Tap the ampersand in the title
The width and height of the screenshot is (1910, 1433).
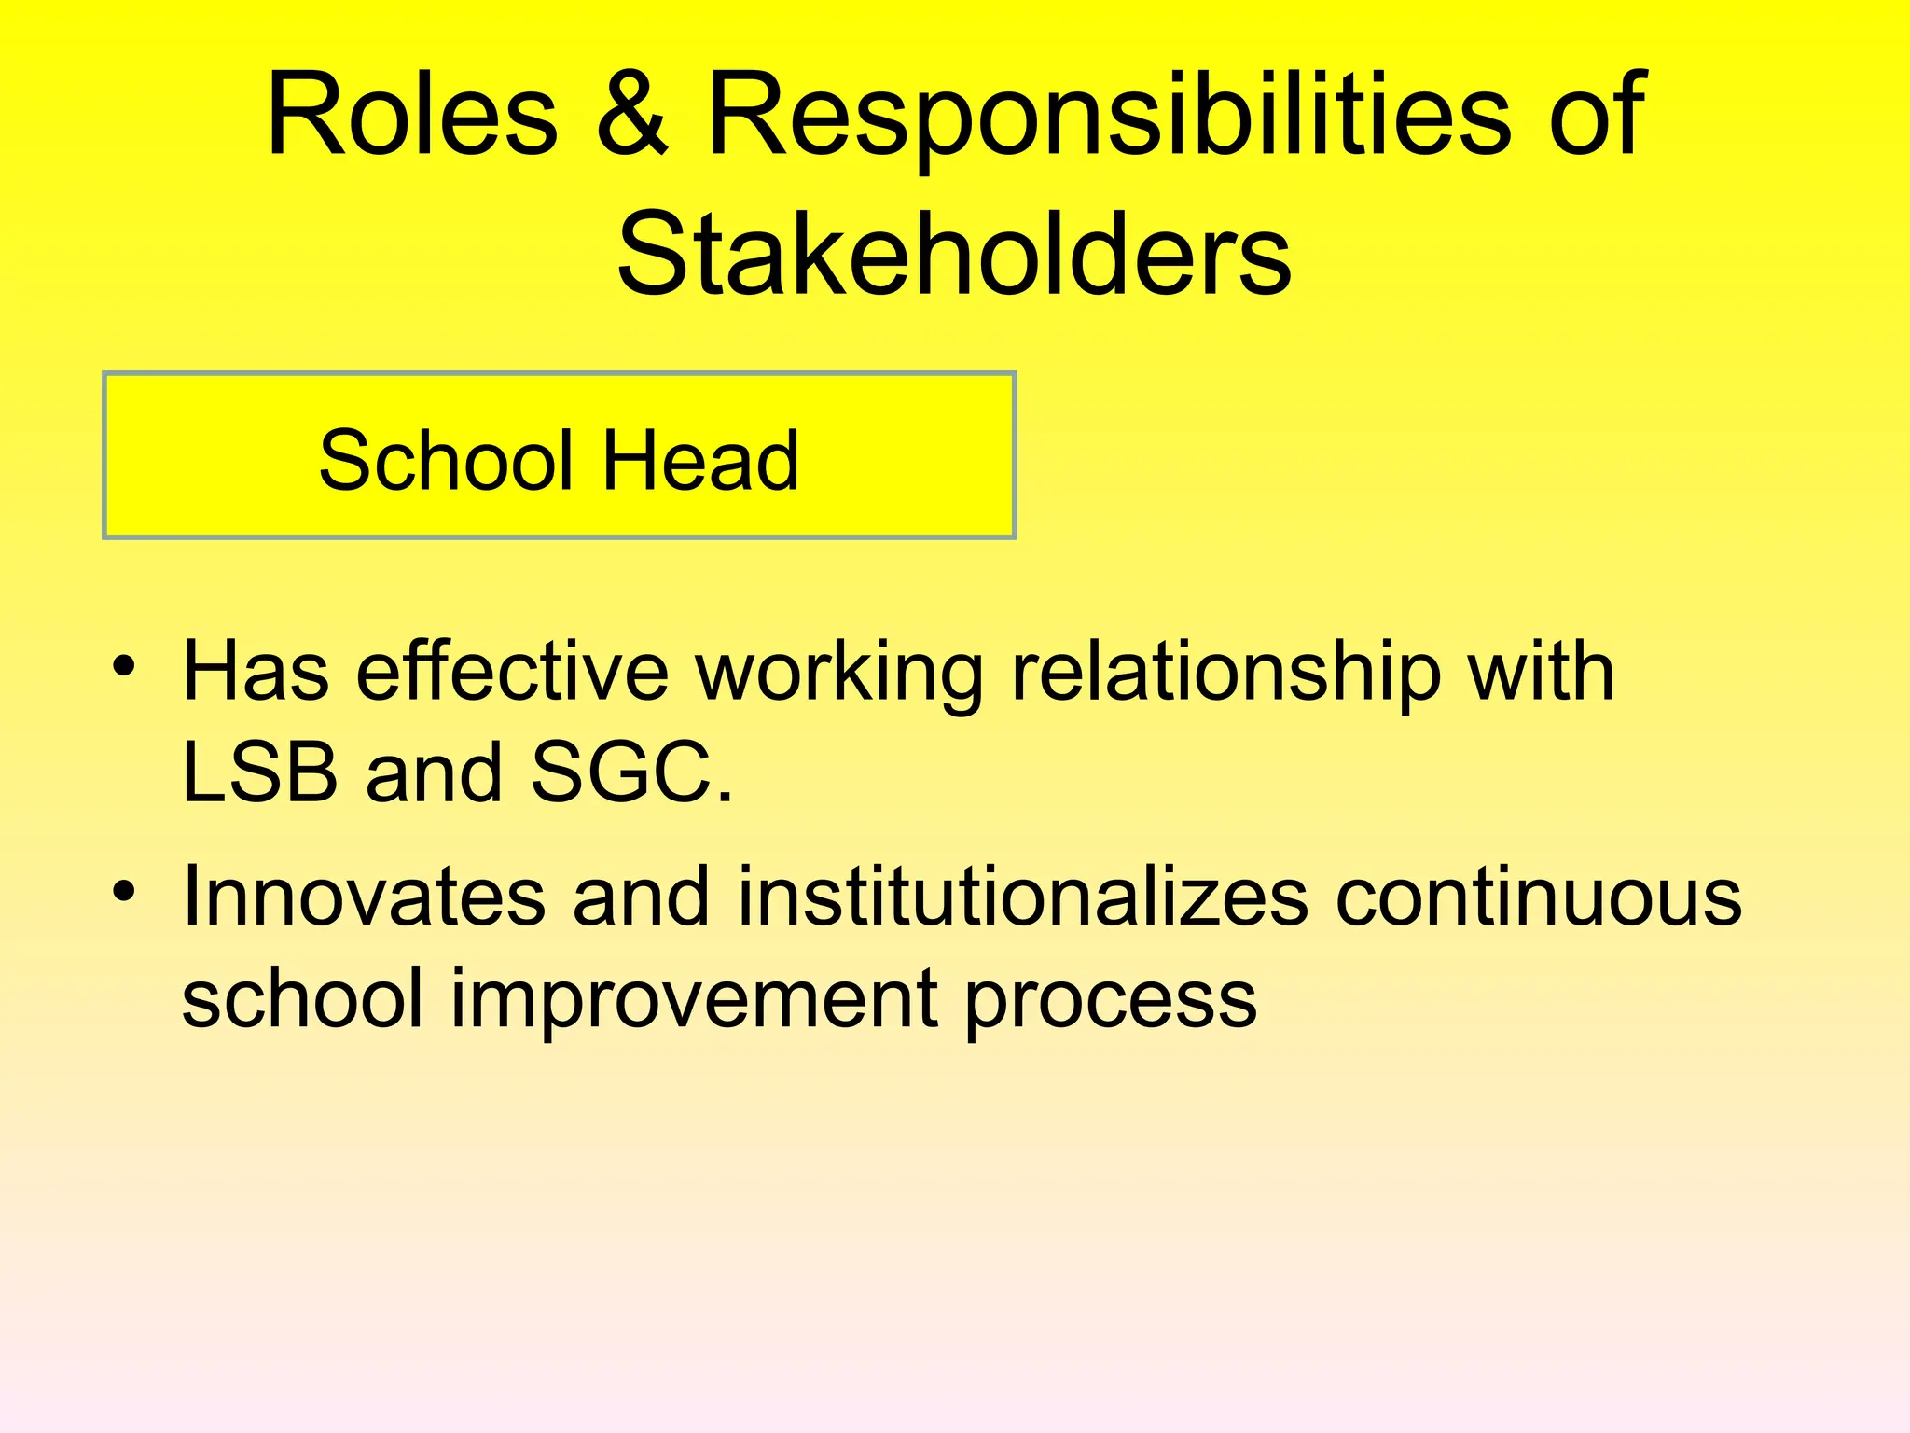pos(631,116)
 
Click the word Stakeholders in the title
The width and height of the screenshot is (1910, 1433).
pos(954,254)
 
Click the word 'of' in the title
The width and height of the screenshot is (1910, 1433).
pos(1597,116)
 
